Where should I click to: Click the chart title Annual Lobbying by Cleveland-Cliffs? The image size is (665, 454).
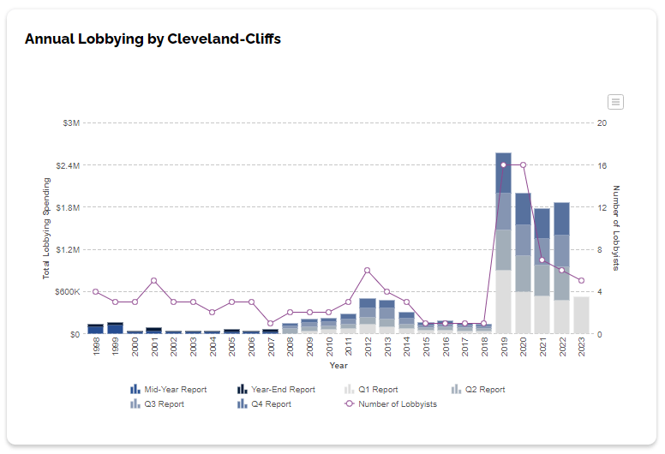coord(153,39)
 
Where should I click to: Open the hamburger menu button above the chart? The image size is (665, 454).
coord(615,102)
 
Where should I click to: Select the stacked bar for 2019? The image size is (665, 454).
coord(503,248)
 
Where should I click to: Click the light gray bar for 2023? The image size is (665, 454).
coord(581,315)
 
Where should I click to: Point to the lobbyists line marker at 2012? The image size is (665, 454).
coord(367,271)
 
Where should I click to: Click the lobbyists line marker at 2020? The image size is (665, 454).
coord(523,164)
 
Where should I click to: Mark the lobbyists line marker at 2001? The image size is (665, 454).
coord(153,281)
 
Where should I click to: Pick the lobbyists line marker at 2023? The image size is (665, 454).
coord(581,281)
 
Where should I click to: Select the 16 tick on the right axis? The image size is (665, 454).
coord(602,165)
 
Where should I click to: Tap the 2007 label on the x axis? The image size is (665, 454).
coord(271,346)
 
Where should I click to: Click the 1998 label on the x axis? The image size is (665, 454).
coord(96,346)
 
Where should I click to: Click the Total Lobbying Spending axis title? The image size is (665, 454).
coord(47,228)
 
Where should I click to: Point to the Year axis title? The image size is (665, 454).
coord(338,366)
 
